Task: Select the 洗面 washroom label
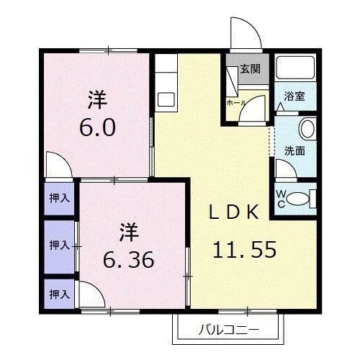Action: (x=294, y=150)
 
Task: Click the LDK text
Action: (x=234, y=212)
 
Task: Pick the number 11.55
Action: (x=244, y=250)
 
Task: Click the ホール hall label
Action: (x=235, y=103)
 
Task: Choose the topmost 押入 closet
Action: (x=59, y=198)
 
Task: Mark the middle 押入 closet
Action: (x=59, y=246)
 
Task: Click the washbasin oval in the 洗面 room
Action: (x=307, y=130)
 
